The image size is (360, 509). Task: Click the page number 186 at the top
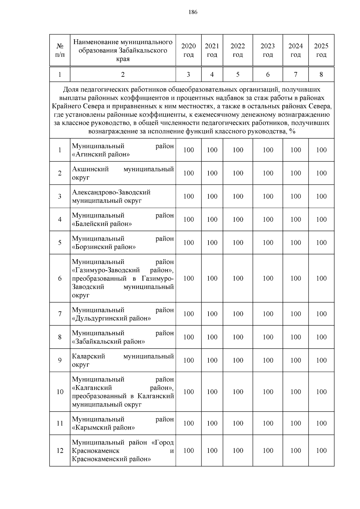pyautogui.click(x=193, y=12)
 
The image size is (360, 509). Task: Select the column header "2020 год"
pyautogui.click(x=188, y=50)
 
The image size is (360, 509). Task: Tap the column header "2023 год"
pyautogui.click(x=268, y=50)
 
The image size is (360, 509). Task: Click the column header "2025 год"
pyautogui.click(x=321, y=50)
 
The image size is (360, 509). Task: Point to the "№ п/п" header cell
pyautogui.click(x=60, y=50)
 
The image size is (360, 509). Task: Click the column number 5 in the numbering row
pyautogui.click(x=238, y=75)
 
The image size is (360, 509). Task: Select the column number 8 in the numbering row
pyautogui.click(x=321, y=75)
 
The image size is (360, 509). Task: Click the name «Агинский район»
pyautogui.click(x=101, y=154)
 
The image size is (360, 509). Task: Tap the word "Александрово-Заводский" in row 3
pyautogui.click(x=111, y=192)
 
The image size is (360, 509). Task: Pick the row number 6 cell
pyautogui.click(x=60, y=278)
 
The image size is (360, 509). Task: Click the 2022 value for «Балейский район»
pyautogui.click(x=238, y=220)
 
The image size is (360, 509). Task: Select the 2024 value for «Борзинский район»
pyautogui.click(x=295, y=243)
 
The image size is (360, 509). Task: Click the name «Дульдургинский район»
pyautogui.click(x=111, y=318)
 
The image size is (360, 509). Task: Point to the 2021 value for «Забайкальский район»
pyautogui.click(x=212, y=337)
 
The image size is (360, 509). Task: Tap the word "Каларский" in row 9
pyautogui.click(x=88, y=356)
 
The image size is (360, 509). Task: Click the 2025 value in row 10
pyautogui.click(x=321, y=392)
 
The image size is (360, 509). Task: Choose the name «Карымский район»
pyautogui.click(x=103, y=427)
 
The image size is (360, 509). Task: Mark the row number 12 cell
pyautogui.click(x=60, y=451)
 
